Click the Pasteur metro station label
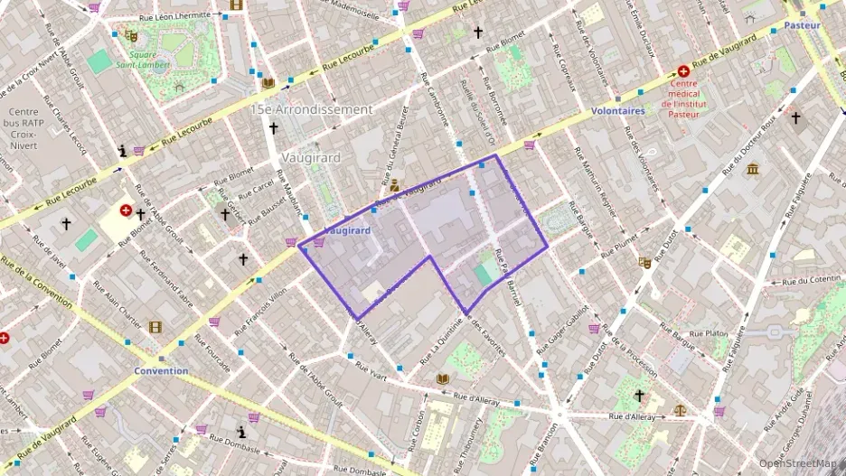802,25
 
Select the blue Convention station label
161,370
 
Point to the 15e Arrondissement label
312,109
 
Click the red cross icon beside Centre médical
684,72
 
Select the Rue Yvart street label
371,369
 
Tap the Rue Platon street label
709,333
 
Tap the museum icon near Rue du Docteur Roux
753,169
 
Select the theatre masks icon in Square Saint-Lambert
132,37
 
